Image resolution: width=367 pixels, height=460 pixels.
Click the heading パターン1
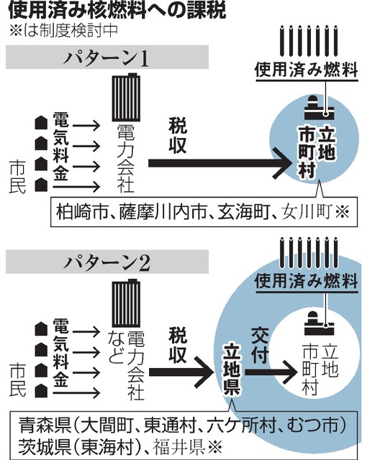107,57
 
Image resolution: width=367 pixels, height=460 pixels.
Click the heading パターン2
107,262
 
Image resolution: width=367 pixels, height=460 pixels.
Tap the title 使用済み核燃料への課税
117,10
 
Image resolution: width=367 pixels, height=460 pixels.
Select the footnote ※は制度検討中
64,31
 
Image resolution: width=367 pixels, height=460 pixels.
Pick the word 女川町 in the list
307,212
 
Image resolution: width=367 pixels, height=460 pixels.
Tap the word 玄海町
243,212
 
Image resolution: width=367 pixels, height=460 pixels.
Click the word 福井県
178,447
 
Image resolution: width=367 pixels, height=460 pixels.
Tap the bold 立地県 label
232,369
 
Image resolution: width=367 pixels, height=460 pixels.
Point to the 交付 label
260,346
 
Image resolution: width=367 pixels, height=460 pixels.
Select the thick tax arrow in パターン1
219,163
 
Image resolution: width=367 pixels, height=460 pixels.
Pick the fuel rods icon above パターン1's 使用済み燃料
309,41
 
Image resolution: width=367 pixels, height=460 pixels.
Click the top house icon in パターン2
41,329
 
